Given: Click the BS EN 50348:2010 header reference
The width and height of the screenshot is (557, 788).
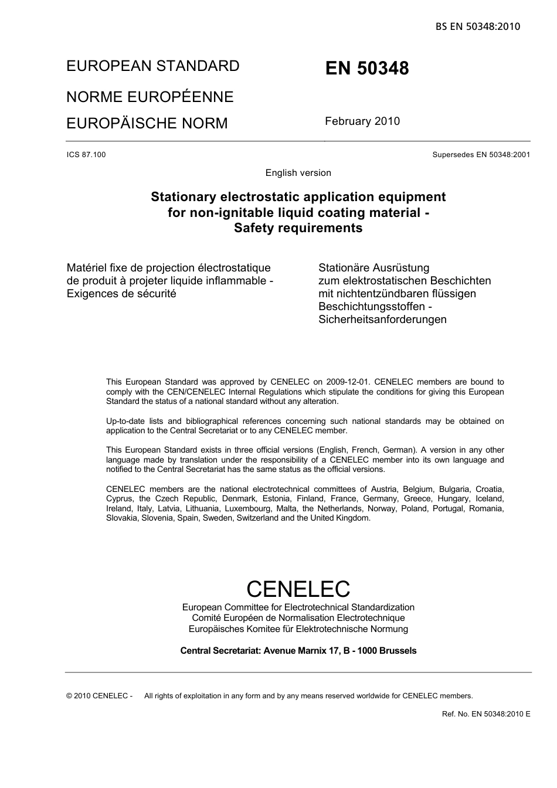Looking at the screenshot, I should coord(477,26).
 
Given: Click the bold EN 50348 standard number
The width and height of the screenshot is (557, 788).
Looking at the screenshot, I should coord(367,69).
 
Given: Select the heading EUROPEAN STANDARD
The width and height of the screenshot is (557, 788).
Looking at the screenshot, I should coord(152,66).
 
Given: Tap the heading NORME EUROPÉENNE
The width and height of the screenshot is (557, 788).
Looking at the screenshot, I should coord(150,97).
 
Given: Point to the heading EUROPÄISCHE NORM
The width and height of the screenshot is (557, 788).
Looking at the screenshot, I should coord(147,124).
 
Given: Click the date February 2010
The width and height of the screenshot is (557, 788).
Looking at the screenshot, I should coord(362,121).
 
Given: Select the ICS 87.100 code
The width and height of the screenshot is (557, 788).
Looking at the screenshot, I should coord(86,155).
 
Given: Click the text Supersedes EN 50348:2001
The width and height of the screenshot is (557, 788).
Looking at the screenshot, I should coord(481,155).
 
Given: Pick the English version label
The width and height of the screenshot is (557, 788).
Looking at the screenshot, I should coord(298,173).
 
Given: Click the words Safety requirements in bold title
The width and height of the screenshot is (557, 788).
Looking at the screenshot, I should coord(298,228).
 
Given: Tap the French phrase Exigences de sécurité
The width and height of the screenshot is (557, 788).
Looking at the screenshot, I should coord(121,294).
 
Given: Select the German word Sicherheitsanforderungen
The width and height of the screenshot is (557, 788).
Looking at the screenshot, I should coord(382,320).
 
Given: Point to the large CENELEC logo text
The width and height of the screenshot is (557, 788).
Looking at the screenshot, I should coord(298,589).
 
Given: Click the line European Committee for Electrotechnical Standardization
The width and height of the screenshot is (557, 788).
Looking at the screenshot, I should coord(298,607).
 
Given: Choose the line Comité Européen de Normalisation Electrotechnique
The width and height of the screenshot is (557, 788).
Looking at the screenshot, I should coord(298,618).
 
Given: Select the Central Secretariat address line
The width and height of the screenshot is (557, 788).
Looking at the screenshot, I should coord(298,651).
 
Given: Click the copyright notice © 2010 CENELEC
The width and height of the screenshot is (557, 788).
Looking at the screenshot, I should coord(99,696).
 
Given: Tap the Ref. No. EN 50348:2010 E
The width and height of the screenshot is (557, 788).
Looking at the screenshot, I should coord(486,714).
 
